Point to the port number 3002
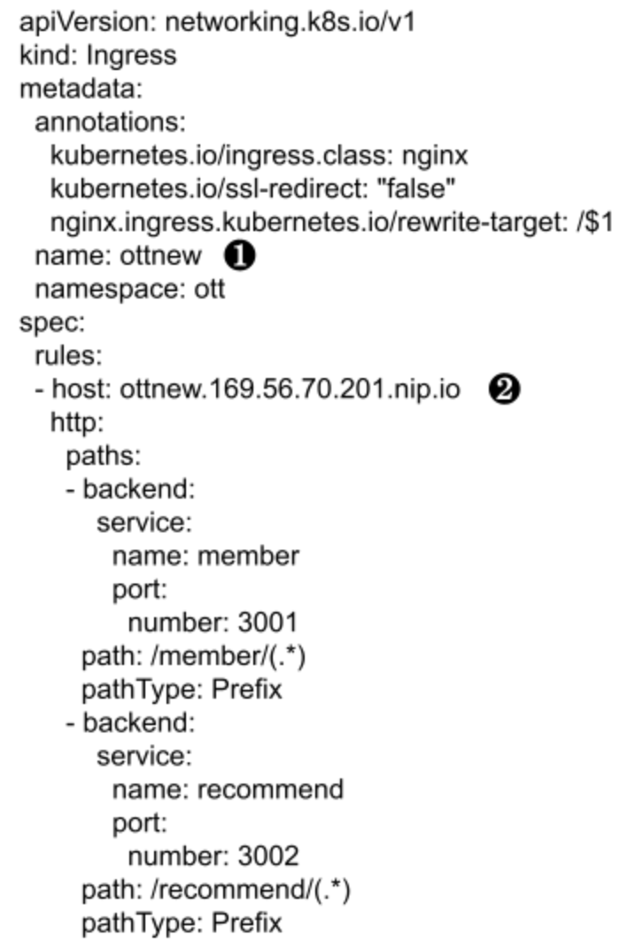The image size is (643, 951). point(267,856)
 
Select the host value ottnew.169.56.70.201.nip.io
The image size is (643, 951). point(290,389)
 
